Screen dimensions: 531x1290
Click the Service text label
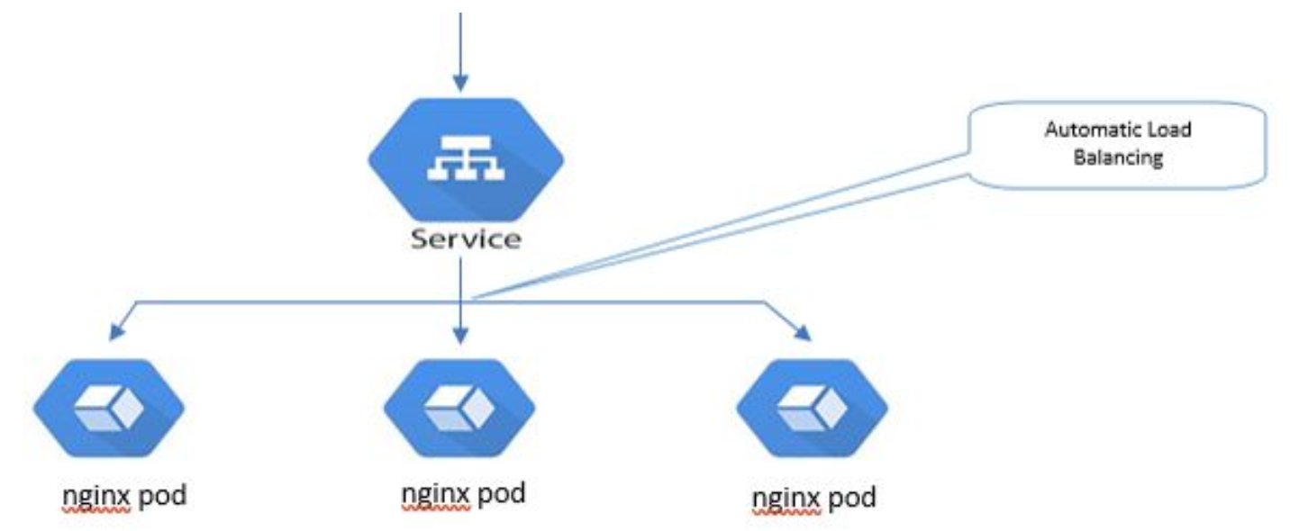[x=465, y=239]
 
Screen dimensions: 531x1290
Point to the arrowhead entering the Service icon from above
[x=460, y=83]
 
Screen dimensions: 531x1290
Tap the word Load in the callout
[x=1169, y=130]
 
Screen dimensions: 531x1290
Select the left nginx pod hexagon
[x=109, y=409]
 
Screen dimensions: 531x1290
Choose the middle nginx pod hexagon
[x=459, y=409]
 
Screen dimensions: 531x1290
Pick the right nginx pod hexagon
[x=812, y=409]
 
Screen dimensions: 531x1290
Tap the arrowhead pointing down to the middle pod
[x=460, y=337]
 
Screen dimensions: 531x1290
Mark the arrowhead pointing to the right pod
[x=802, y=334]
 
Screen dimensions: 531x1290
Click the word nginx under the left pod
[x=96, y=496]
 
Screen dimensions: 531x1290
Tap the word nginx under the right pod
[x=786, y=497]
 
